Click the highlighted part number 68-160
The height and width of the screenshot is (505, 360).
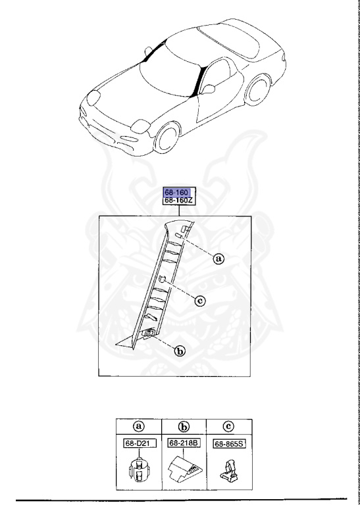[178, 193]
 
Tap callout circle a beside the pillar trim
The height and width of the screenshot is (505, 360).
[219, 259]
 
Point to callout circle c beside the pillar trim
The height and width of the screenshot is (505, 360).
[200, 301]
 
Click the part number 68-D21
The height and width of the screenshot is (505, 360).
[138, 444]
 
